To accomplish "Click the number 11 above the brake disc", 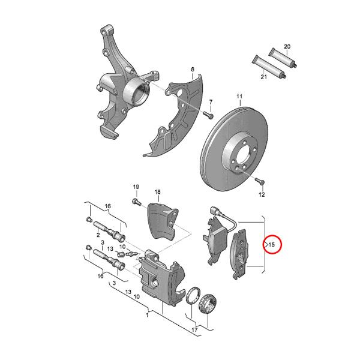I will [239, 97].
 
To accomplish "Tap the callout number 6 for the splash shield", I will [193, 70].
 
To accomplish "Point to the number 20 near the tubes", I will [287, 47].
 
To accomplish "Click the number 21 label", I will [263, 77].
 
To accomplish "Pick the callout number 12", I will [262, 195].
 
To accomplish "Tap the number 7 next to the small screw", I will [211, 101].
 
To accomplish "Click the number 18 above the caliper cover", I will [158, 193].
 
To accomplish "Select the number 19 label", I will [136, 187].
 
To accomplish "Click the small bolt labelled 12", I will [260, 181].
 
